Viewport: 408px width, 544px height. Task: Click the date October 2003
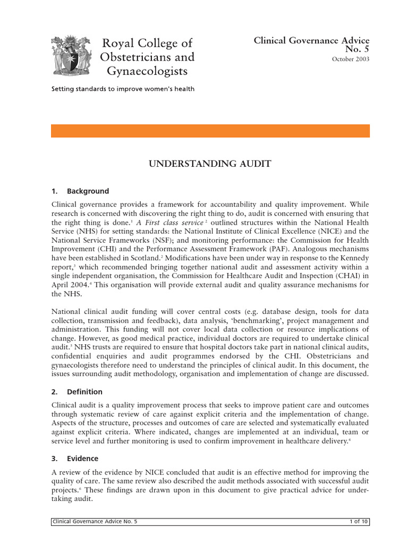pos(351,59)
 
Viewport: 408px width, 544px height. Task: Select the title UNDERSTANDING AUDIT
pos(210,164)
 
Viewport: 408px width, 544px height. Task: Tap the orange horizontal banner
pos(210,131)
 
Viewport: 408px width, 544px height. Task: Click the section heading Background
pos(88,191)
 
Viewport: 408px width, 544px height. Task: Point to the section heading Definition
pos(84,392)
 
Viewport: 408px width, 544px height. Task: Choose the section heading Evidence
pos(82,458)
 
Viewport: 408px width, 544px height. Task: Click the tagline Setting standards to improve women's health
pos(123,89)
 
